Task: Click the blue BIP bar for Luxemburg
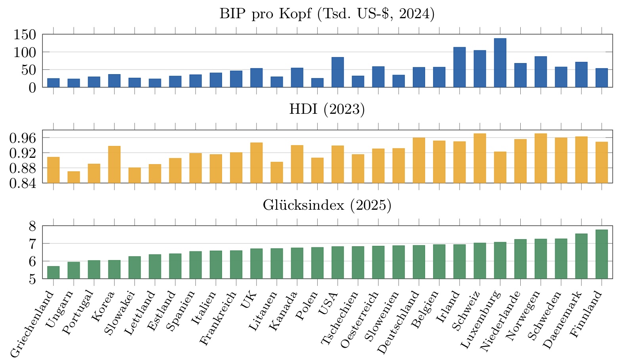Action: (x=500, y=63)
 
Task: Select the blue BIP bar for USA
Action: (x=337, y=72)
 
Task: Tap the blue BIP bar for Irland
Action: (x=460, y=67)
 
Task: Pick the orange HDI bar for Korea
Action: (x=114, y=165)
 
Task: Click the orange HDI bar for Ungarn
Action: (x=74, y=177)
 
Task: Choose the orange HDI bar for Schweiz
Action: (x=480, y=158)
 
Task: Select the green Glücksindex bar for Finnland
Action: (x=602, y=254)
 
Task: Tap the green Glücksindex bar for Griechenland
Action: (x=54, y=272)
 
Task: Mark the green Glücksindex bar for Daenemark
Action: (x=581, y=256)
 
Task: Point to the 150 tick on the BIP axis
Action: (x=25, y=35)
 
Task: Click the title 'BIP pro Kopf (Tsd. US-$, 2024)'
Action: (x=327, y=14)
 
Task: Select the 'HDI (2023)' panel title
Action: (x=327, y=109)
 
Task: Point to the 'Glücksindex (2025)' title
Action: (x=327, y=205)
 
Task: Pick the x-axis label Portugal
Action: (x=78, y=313)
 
